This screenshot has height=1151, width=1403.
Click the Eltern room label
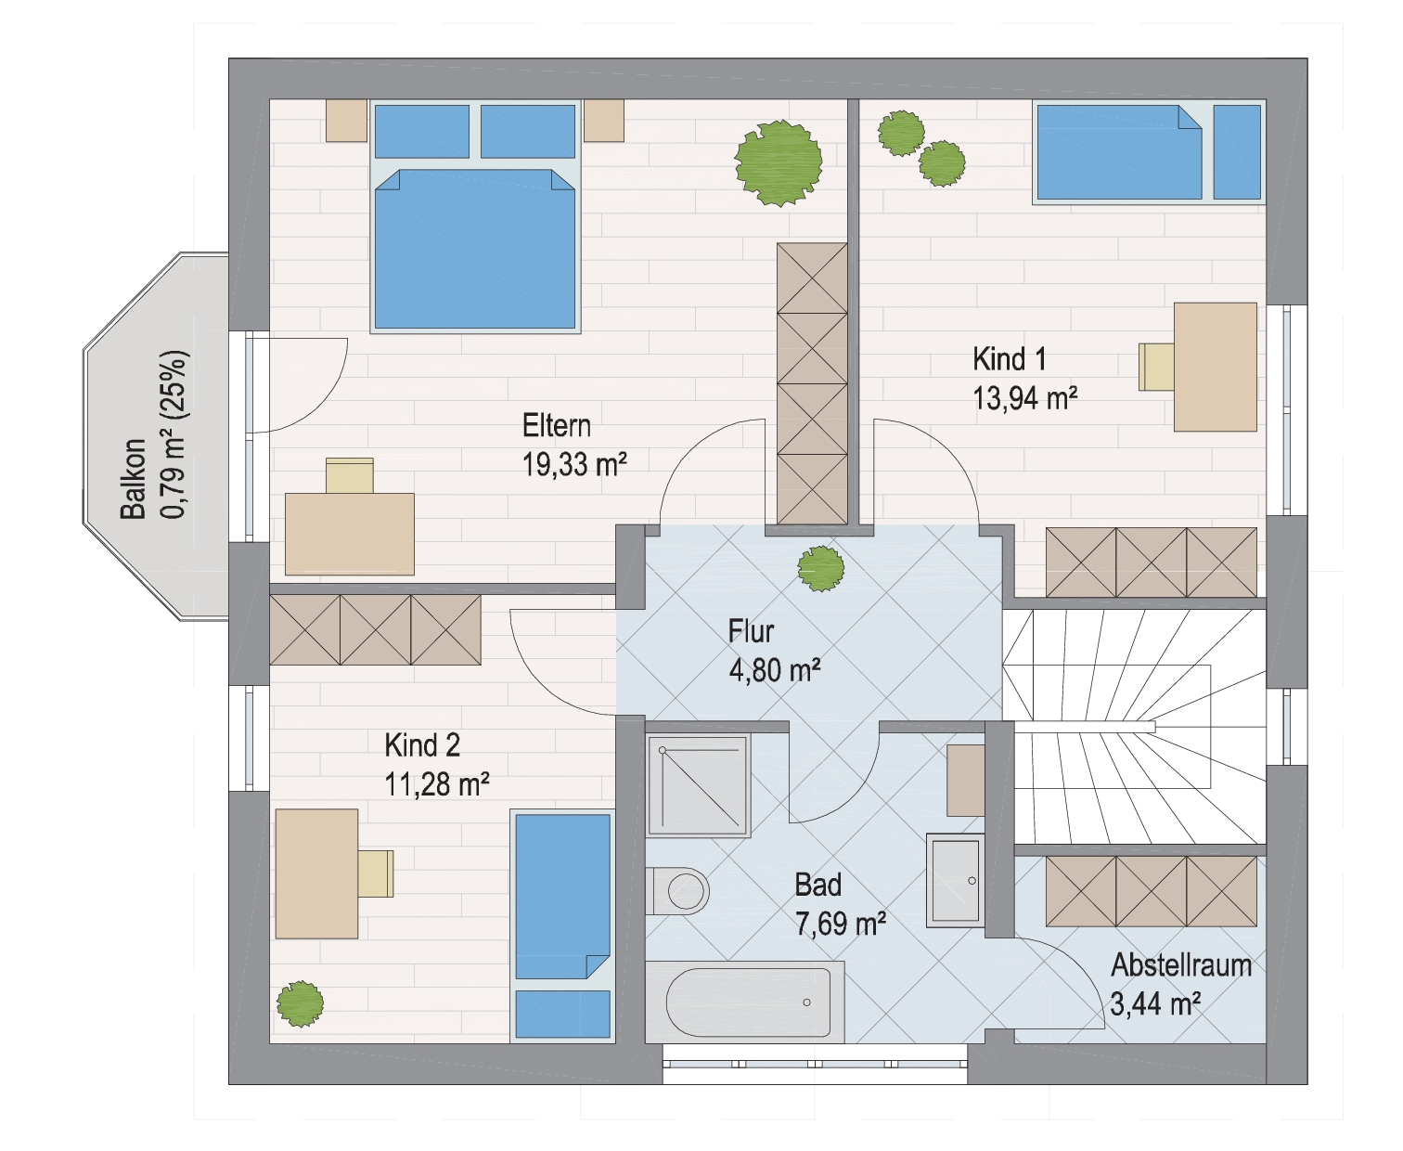556,426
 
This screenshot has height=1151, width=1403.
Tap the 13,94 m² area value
1025,398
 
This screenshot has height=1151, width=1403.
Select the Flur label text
751,631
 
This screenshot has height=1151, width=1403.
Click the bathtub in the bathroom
745,1002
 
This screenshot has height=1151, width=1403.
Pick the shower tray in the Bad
698,785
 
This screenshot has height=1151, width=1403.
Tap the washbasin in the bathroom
956,880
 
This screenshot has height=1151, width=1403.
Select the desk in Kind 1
1215,367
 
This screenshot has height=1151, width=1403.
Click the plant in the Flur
821,568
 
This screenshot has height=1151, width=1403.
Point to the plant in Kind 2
300,1004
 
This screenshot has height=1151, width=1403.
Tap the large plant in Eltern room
779,163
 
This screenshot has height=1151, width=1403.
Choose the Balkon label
133,478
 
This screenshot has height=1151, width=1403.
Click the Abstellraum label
1181,965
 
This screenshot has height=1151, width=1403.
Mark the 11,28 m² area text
437,785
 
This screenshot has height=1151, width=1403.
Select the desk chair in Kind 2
375,873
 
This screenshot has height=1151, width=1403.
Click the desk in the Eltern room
349,534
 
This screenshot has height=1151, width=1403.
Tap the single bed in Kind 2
562,926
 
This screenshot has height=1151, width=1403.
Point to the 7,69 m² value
841,925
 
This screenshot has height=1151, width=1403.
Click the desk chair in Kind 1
1156,367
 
